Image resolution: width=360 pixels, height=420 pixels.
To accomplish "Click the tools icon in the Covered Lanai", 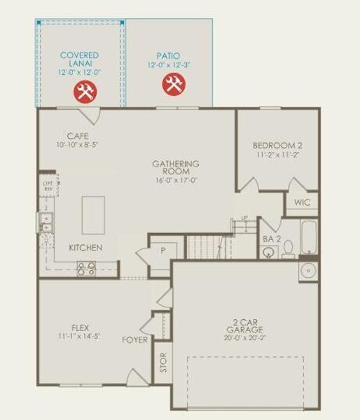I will click(86, 91).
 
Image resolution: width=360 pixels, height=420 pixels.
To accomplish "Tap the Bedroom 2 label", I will click(277, 146).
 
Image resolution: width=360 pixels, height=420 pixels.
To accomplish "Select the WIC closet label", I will click(302, 202).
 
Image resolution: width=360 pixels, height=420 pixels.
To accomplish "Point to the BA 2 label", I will click(272, 239).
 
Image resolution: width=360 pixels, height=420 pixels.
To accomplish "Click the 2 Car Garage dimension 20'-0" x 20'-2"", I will click(245, 337).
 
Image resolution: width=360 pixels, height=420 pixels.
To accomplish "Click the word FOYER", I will click(135, 340).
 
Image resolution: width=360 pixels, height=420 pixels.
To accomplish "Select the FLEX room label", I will click(80, 327).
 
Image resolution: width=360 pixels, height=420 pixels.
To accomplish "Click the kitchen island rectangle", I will click(93, 215).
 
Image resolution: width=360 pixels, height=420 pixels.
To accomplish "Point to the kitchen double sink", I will click(46, 223).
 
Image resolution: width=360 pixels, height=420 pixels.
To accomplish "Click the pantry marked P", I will click(162, 251).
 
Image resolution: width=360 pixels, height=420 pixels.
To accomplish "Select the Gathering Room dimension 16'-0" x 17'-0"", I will click(176, 180).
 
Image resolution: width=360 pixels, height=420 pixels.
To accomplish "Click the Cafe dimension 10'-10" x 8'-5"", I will click(78, 145).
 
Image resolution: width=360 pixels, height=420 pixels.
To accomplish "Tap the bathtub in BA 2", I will click(309, 239).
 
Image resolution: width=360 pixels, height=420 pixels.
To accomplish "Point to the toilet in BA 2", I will click(288, 249).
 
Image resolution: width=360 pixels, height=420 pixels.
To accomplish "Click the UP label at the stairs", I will click(244, 218).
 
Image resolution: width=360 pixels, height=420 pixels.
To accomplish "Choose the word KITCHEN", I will click(85, 248).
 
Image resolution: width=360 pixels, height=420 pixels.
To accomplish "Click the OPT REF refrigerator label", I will click(48, 186).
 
